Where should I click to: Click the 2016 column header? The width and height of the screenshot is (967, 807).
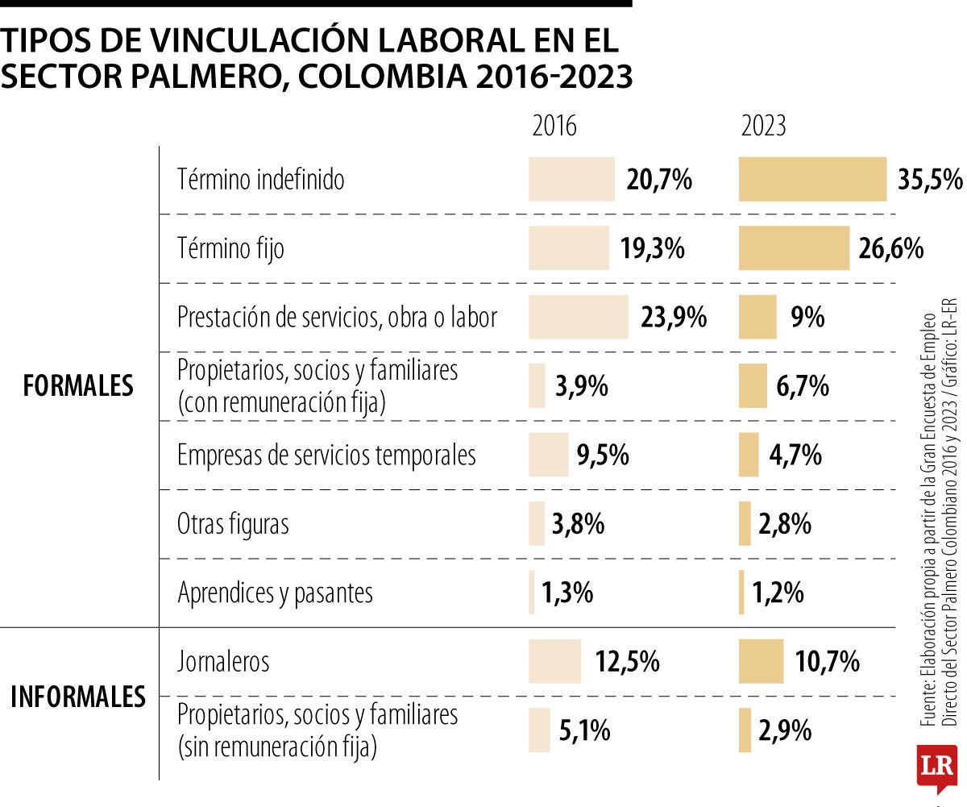(x=554, y=127)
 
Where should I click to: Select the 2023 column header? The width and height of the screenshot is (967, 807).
(x=763, y=127)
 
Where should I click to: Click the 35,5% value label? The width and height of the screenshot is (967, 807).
(x=930, y=180)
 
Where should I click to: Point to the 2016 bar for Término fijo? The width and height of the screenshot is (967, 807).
(x=568, y=248)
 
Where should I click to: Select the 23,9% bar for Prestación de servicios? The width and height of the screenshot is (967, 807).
(x=578, y=317)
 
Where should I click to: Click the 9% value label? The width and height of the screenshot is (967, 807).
(x=807, y=318)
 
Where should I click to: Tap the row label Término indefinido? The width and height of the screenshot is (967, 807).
(x=260, y=179)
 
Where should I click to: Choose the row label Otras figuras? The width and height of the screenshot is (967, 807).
(x=233, y=524)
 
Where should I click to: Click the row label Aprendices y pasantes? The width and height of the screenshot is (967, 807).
(x=275, y=593)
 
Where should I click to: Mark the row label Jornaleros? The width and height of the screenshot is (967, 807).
(x=223, y=662)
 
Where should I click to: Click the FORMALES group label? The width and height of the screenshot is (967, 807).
(x=78, y=385)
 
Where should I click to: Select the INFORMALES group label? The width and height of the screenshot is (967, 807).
(x=78, y=697)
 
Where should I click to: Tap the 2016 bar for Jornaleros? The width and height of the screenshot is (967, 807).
(x=554, y=662)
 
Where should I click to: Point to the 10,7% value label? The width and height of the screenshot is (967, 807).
(x=827, y=663)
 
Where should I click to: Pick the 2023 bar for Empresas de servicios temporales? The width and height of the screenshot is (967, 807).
(x=749, y=455)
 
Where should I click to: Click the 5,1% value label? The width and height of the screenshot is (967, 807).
(x=584, y=731)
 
